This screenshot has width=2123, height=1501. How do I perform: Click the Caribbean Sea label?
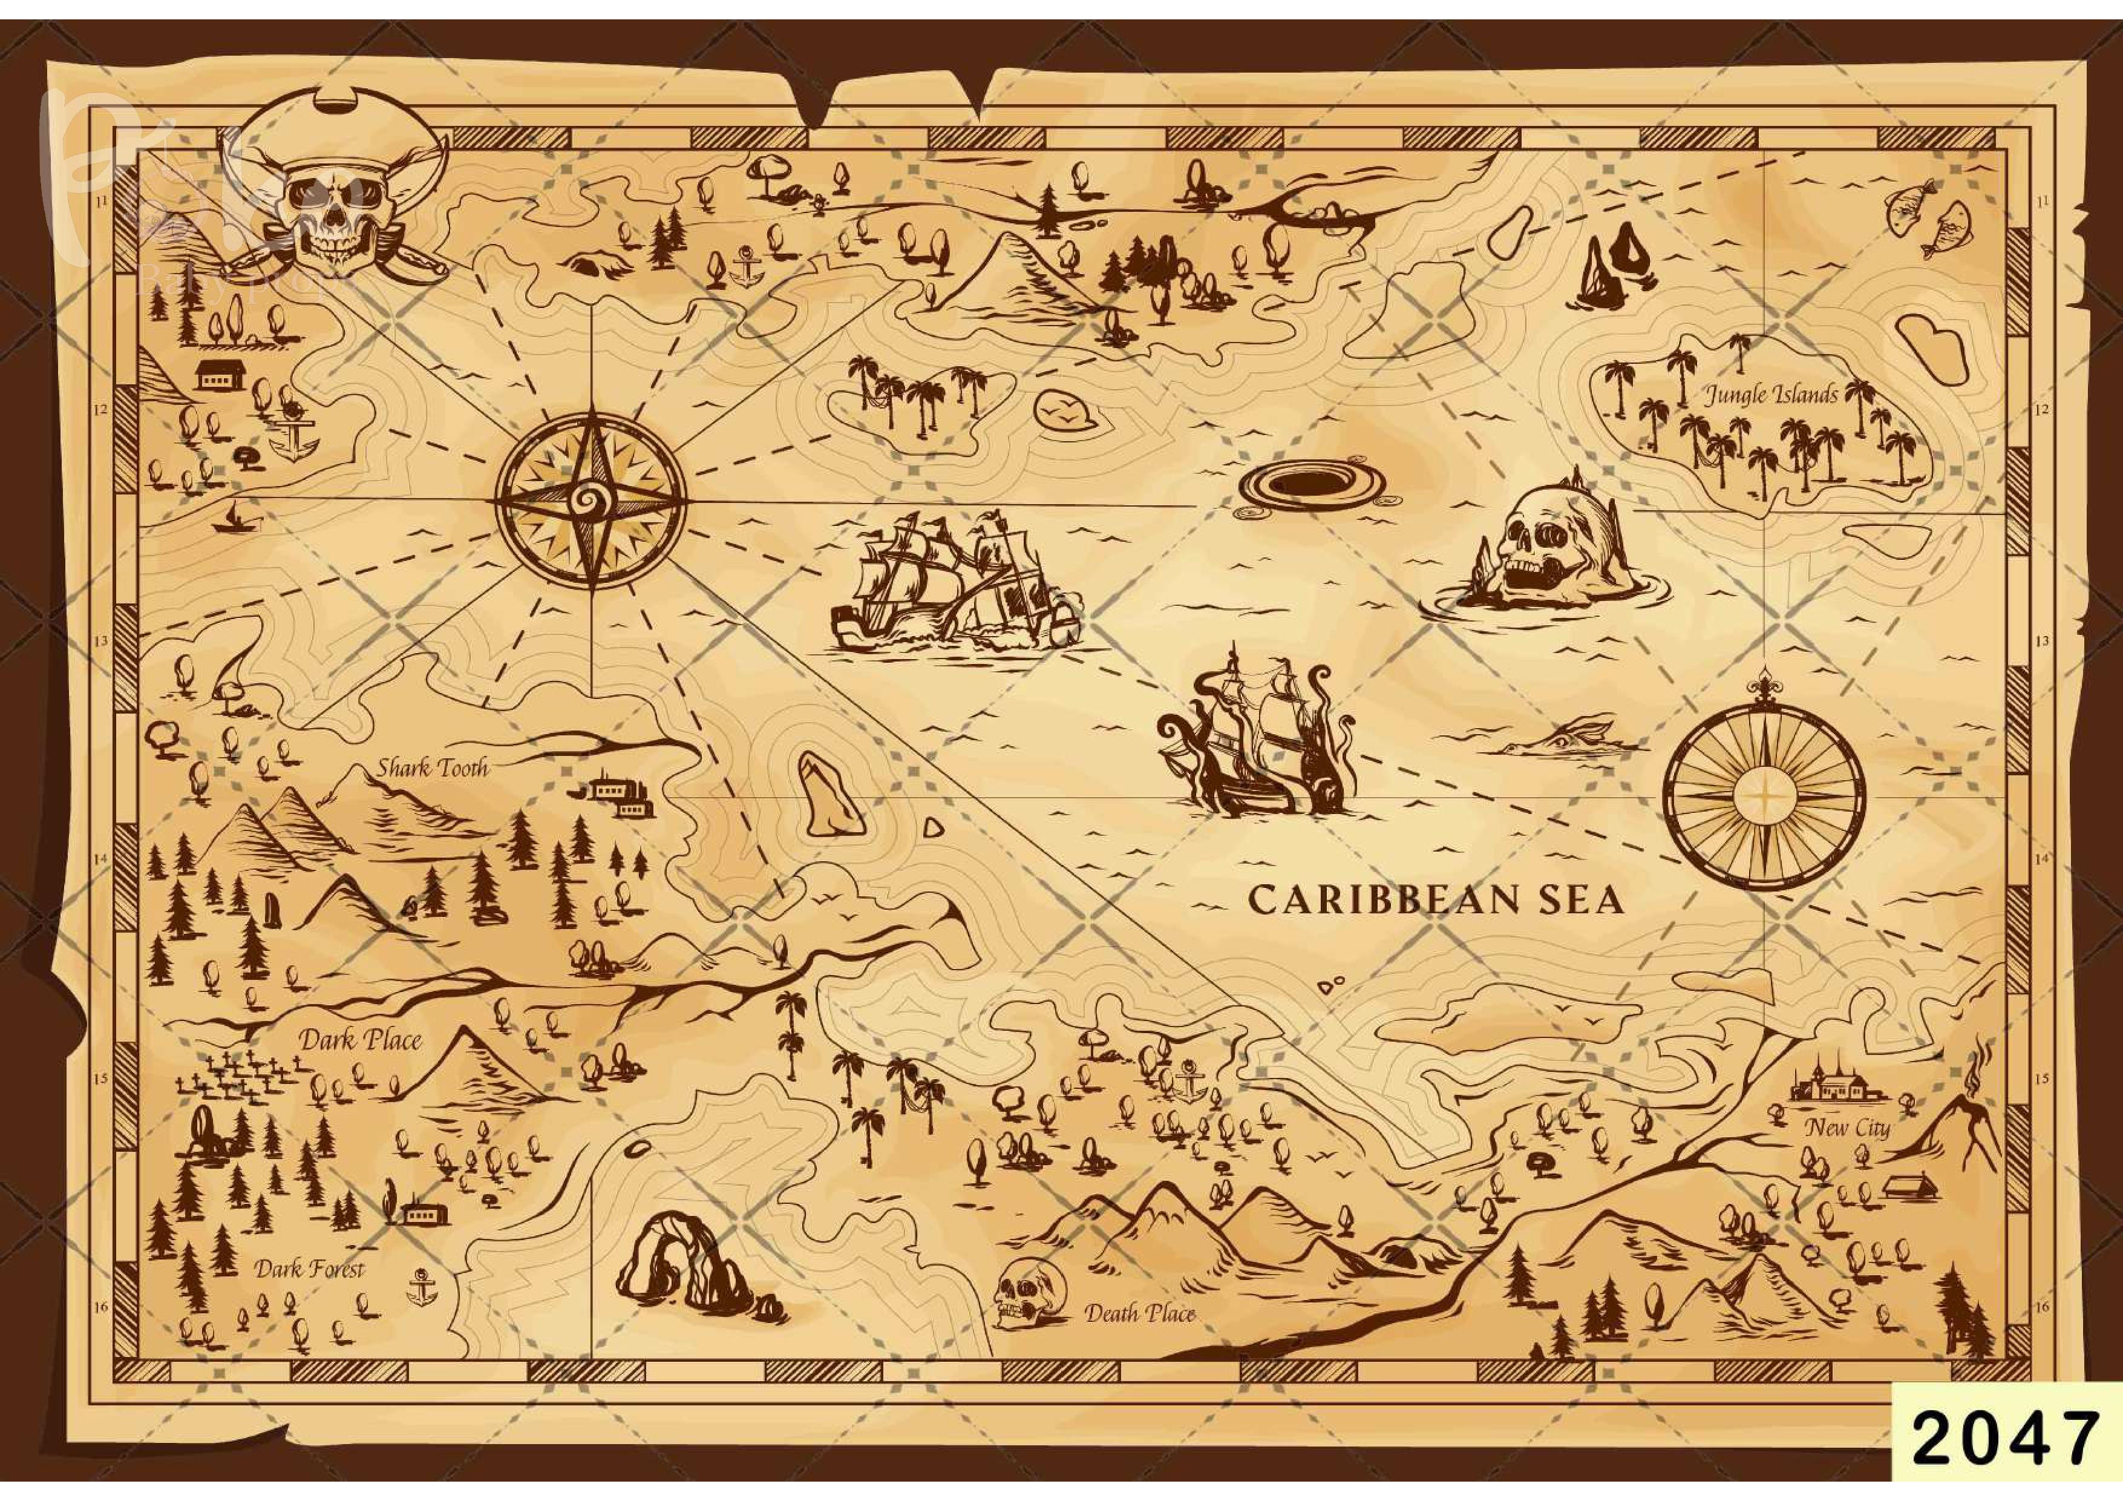pyautogui.click(x=1435, y=900)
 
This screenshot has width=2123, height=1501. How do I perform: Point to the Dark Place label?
pyautogui.click(x=360, y=1040)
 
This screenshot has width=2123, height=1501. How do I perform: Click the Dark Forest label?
pyautogui.click(x=310, y=1269)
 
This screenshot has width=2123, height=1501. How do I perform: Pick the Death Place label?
pyautogui.click(x=1139, y=1313)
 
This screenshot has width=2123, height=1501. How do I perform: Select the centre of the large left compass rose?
pyautogui.click(x=591, y=499)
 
